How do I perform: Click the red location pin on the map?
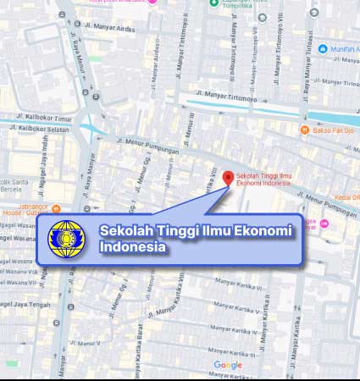pos(227,177)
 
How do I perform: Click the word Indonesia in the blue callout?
pos(132,247)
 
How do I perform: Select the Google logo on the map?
pos(228,365)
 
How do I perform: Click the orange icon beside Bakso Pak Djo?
pos(305,130)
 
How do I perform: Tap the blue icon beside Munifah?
pos(323,49)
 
